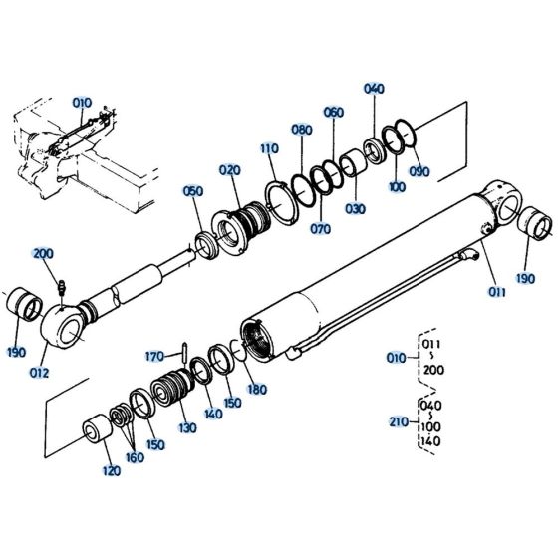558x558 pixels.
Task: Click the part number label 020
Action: [x=231, y=170]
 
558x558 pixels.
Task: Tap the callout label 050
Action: [x=192, y=190]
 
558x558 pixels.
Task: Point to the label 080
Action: [x=302, y=130]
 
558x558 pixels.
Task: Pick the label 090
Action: [x=419, y=171]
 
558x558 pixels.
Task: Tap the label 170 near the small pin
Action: [x=154, y=355]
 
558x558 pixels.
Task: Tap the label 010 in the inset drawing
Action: [x=80, y=102]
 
